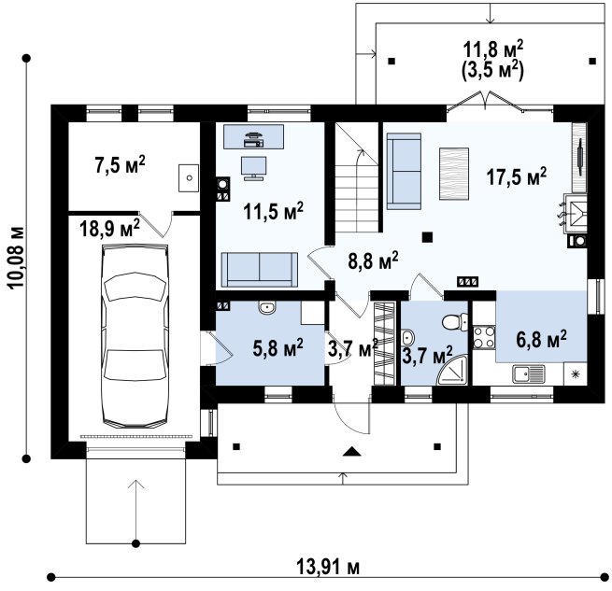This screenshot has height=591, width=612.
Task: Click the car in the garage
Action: (x=135, y=336)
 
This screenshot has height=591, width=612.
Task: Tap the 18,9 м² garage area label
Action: (x=109, y=228)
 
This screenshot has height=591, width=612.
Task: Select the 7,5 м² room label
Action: (x=120, y=164)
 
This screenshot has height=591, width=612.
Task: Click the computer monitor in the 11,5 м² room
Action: (x=254, y=168)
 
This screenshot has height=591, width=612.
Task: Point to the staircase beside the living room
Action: (x=357, y=178)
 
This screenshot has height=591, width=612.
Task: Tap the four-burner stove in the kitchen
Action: (x=484, y=337)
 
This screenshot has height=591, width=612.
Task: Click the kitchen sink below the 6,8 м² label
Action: (x=529, y=373)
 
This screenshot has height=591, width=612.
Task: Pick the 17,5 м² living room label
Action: (x=517, y=176)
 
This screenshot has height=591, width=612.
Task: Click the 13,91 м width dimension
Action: (x=328, y=567)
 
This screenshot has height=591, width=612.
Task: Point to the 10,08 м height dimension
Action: (x=16, y=257)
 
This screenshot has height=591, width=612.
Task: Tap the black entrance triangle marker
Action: (x=352, y=451)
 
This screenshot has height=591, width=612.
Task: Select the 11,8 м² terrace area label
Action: (x=493, y=49)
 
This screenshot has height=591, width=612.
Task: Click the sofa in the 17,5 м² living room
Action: (x=404, y=171)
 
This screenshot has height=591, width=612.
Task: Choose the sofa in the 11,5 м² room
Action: (x=260, y=270)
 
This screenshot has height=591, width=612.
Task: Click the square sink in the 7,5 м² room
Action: (x=189, y=178)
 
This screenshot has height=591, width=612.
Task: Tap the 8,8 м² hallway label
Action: (x=373, y=261)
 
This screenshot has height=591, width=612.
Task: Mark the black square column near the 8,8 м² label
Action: (x=428, y=237)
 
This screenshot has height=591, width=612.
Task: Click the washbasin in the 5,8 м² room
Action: (x=267, y=308)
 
